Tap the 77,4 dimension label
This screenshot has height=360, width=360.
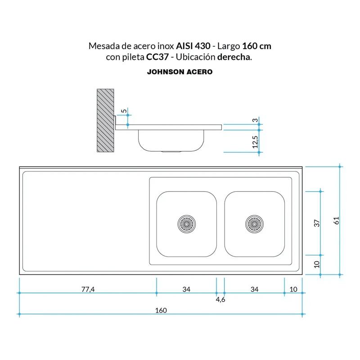tap(88, 289)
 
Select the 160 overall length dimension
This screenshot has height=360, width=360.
tap(161, 310)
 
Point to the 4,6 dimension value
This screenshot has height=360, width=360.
tap(220, 300)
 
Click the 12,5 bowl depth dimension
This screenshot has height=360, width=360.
tap(255, 142)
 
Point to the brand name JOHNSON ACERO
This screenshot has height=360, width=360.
tap(180, 72)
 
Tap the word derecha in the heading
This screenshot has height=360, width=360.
tap(234, 58)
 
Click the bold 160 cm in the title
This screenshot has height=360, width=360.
tap(256, 46)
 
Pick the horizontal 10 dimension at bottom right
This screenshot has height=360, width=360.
tap(293, 289)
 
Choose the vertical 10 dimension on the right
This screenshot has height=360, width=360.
tap(316, 264)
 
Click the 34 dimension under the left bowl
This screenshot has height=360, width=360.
tap(186, 289)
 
